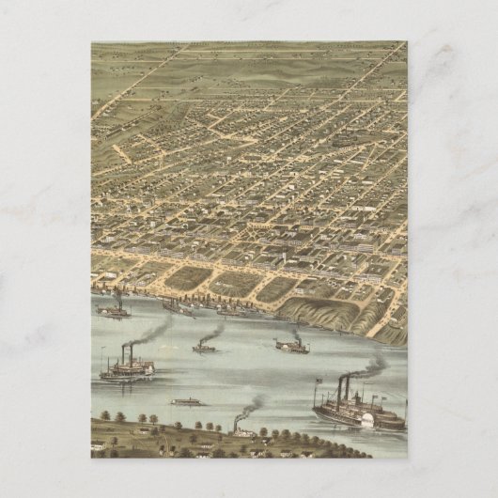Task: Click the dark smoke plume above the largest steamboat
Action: (372, 365)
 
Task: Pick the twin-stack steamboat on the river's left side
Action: (128, 369)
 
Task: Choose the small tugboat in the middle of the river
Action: (204, 348)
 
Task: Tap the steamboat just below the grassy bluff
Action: (291, 346)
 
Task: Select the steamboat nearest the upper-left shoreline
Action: (114, 309)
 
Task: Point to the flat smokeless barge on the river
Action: (187, 401)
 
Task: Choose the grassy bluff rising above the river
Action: (324, 313)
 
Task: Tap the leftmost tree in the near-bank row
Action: (103, 414)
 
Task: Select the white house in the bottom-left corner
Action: (98, 445)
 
